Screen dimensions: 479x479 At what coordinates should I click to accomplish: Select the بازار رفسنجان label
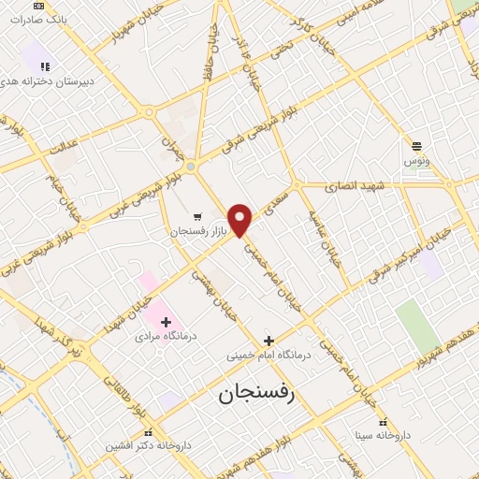click(x=197, y=229)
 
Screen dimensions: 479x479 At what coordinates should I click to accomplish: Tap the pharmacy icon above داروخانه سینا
click(x=357, y=420)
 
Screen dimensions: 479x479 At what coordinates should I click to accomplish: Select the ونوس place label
click(x=416, y=162)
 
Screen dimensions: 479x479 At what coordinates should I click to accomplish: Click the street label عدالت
click(x=62, y=148)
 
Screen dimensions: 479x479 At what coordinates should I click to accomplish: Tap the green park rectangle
click(x=417, y=327)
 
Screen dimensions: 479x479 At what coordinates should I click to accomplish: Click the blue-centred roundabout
click(x=190, y=167)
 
